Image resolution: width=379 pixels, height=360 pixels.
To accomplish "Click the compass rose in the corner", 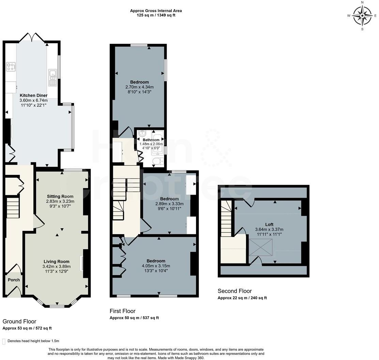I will [x=362, y=16].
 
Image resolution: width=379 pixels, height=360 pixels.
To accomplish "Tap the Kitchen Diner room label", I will [x=33, y=95].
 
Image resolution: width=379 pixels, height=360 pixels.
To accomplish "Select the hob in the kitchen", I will [x=11, y=67].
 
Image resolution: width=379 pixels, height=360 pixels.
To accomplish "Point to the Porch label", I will [x=14, y=280].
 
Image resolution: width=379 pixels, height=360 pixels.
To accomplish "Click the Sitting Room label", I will [x=60, y=196].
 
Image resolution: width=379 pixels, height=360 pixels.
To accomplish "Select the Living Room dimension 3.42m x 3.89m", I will [x=56, y=267].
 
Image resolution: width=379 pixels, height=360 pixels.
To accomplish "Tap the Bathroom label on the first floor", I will [x=151, y=140].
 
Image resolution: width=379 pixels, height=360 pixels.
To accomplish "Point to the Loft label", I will [x=269, y=225].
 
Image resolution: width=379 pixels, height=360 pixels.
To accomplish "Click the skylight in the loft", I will [x=261, y=247].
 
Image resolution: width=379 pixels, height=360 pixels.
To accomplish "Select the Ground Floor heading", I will [x=19, y=321].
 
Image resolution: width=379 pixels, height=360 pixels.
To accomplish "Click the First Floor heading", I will [x=122, y=311].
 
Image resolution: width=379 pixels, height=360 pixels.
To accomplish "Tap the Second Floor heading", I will [x=234, y=291].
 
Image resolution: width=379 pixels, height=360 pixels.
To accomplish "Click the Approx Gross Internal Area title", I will [x=156, y=11].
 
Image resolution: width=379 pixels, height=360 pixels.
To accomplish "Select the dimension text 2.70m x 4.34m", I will [x=139, y=87].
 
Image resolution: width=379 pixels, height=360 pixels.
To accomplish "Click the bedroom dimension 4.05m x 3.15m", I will [x=156, y=266].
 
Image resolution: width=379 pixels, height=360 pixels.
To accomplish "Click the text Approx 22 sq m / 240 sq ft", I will [x=242, y=298].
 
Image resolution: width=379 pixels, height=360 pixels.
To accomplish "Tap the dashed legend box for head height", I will [x=4, y=341].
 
